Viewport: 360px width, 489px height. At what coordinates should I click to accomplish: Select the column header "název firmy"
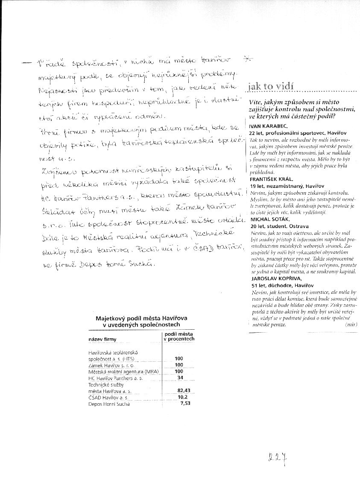click(x=102, y=340)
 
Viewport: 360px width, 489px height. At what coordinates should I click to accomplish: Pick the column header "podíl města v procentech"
click(x=179, y=336)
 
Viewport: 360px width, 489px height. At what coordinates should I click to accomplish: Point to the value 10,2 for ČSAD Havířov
click(x=183, y=397)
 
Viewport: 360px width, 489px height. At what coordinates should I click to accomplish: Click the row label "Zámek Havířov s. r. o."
click(x=111, y=365)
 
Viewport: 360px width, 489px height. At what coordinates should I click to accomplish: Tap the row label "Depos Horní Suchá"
click(x=108, y=404)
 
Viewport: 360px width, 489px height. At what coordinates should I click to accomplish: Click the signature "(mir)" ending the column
click(x=351, y=325)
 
